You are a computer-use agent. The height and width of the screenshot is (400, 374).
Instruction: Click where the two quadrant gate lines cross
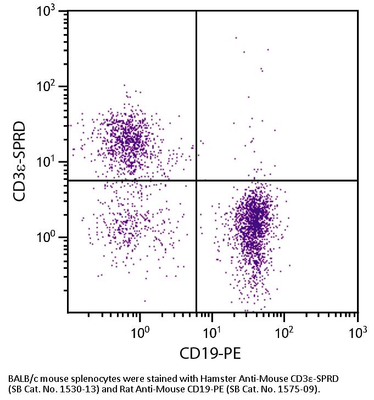[196, 181]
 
